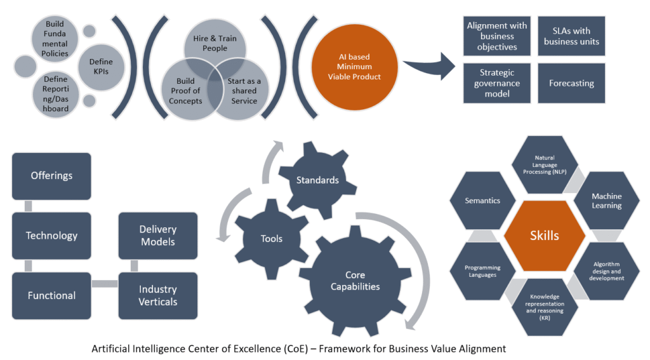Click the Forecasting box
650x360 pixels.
[x=571, y=83]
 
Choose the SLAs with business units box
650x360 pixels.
[x=571, y=36]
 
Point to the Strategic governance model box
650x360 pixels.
[x=496, y=83]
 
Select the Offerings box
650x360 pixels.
[x=51, y=176]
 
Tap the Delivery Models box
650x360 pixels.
[x=158, y=235]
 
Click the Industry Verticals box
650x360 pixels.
[x=158, y=295]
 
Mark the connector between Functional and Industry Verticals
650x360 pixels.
[x=105, y=284]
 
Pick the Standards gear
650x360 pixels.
[x=317, y=180]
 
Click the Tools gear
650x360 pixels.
[x=272, y=239]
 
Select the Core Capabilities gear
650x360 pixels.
[x=355, y=281]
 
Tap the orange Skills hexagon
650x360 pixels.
[x=544, y=236]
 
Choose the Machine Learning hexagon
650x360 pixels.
[x=606, y=201]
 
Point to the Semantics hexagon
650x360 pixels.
[x=482, y=201]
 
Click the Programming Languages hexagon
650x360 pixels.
[x=482, y=271]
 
